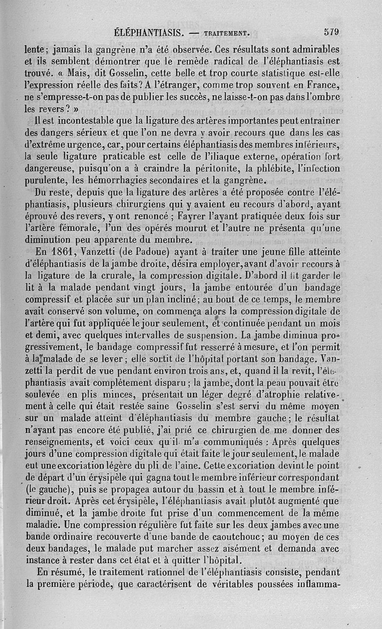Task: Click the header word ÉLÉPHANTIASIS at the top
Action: (150, 33)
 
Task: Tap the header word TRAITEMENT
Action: (227, 34)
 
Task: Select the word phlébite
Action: (270, 168)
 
